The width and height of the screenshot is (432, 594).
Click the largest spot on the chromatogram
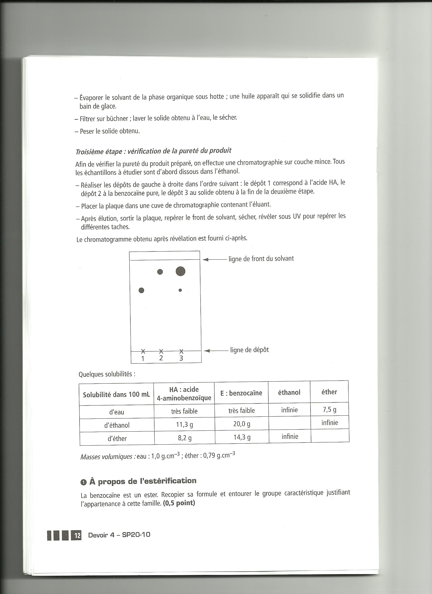180,271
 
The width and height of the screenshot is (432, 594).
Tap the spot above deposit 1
142,290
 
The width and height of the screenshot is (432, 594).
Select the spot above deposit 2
160,272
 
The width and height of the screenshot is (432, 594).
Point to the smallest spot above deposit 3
180,290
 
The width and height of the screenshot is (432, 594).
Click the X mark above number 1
143,351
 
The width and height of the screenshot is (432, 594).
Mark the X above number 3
181,351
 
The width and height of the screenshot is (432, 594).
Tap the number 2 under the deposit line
161,358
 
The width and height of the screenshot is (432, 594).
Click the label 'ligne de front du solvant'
261,259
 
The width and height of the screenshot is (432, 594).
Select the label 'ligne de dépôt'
249,350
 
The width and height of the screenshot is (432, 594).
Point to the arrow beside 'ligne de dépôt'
216,351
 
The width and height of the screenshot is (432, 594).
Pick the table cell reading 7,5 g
330,409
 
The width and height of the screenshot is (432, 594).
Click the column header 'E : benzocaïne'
241,393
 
